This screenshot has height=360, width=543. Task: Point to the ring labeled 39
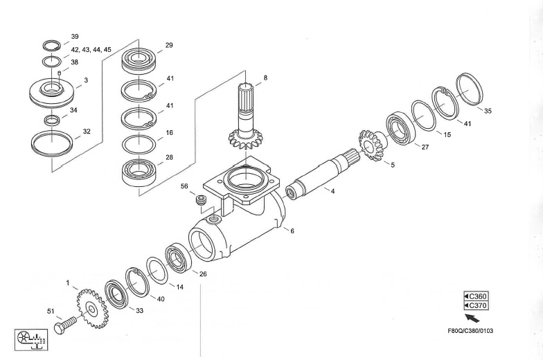[51, 46]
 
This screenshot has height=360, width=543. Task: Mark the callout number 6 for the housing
[292, 231]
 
